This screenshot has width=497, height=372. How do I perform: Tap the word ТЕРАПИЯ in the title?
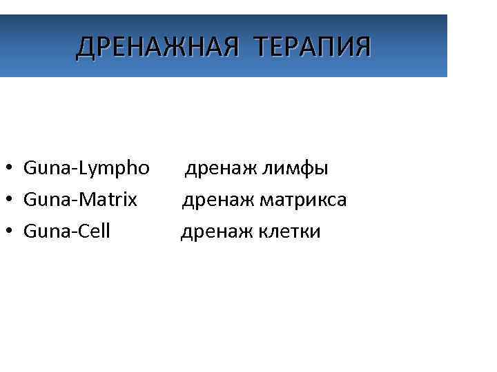[x=312, y=47]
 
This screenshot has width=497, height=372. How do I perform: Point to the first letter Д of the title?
[x=84, y=47]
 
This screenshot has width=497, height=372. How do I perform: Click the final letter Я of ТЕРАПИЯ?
[x=362, y=47]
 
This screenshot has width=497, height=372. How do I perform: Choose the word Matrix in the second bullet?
[x=109, y=200]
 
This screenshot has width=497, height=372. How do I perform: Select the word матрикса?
[x=303, y=200]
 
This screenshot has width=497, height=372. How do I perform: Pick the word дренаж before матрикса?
[x=218, y=200]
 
